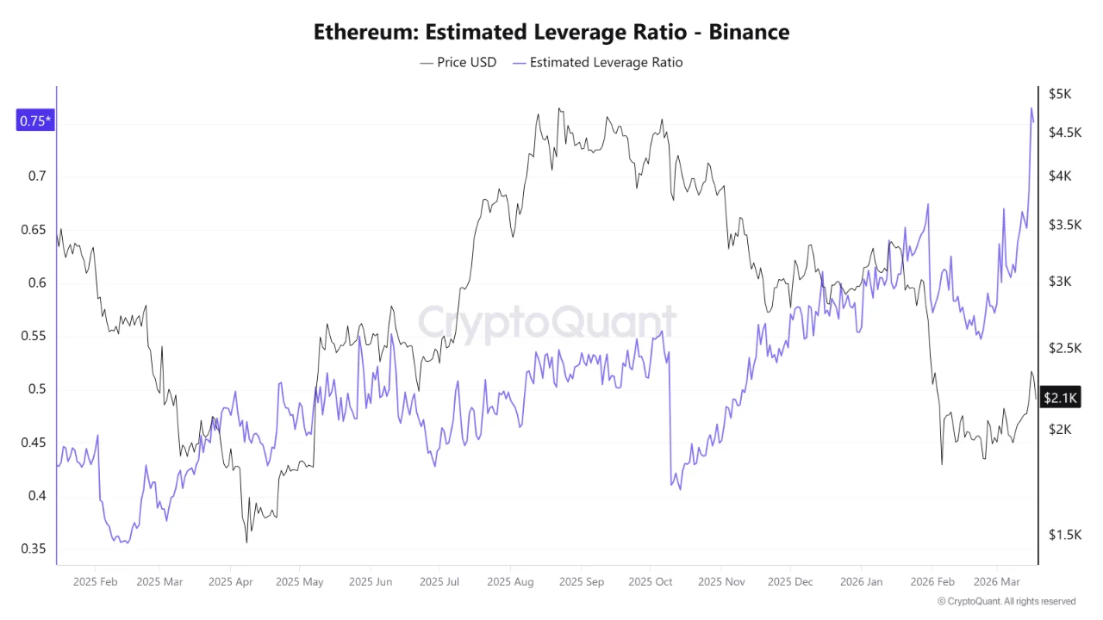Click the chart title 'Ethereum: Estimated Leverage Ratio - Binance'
(551, 33)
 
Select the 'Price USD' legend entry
(458, 62)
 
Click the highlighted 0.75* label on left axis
(35, 121)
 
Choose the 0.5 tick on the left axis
(35, 389)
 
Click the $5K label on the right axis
(1060, 94)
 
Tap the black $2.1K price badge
(1060, 397)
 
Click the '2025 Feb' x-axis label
(95, 582)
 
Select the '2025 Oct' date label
(651, 582)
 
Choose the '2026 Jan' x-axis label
(862, 582)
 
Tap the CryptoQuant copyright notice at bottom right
(1006, 601)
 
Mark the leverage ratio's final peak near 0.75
(1031, 108)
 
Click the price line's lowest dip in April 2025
(247, 542)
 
